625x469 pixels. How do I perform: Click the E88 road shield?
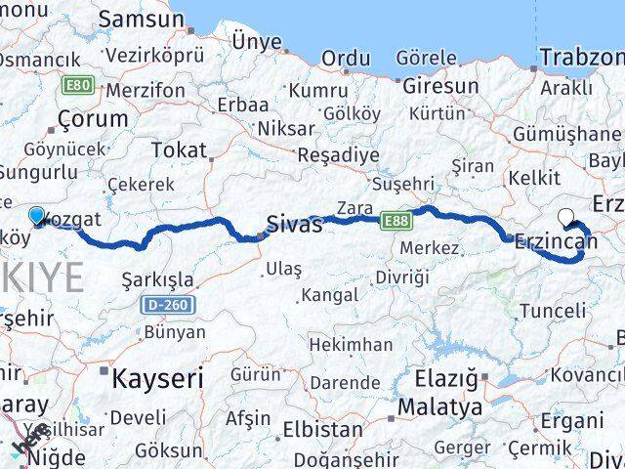click(x=396, y=222)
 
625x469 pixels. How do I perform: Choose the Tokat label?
click(x=180, y=149)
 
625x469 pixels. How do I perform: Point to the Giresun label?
click(x=440, y=86)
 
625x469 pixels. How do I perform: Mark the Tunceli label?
click(x=554, y=311)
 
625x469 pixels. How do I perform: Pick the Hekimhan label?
click(x=351, y=345)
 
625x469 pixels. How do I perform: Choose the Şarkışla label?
click(x=157, y=279)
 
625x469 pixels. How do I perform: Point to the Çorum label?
click(x=94, y=119)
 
